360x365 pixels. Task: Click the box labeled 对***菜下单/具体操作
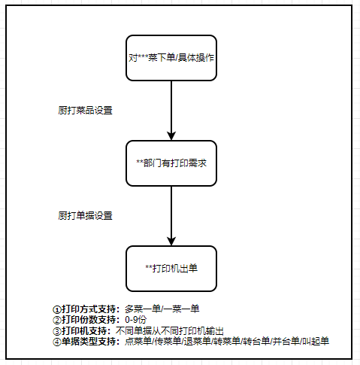171,58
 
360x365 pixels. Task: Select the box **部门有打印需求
171,163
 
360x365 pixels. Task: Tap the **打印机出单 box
171,269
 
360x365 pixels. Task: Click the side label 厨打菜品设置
85,111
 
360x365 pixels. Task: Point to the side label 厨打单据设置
85,216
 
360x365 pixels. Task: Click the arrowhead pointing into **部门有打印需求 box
171,135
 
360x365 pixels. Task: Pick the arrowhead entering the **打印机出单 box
171,241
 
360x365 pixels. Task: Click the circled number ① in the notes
57,309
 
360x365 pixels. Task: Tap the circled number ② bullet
57,320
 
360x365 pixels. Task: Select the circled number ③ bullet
57,331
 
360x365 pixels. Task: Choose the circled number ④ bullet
57,342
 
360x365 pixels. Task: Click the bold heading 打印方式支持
89,309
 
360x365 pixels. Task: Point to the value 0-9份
136,320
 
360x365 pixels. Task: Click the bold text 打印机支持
84,331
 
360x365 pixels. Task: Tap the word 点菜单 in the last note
138,342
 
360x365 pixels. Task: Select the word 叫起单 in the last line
316,342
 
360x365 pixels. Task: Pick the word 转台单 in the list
256,342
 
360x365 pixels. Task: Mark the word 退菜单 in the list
197,342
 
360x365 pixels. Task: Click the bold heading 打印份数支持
89,320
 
